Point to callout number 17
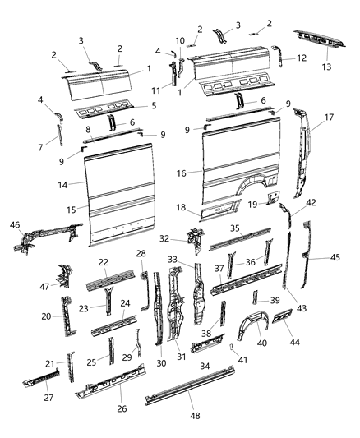click(329, 117)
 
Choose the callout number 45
click(335, 257)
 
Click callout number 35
click(234, 228)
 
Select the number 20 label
click(46, 316)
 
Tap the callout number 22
click(104, 261)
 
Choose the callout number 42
click(311, 202)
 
